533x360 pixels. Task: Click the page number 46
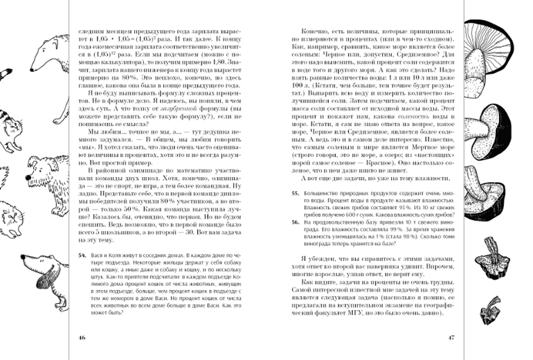(x=82, y=337)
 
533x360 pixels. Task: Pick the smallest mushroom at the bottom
(x=494, y=305)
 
